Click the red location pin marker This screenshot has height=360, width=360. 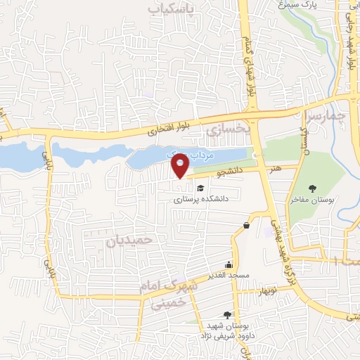[181, 166]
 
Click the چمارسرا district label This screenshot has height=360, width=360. [328, 114]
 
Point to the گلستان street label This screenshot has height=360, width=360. [304, 136]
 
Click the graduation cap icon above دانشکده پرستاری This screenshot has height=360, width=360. [201, 188]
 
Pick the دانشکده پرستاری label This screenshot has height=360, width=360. [202, 199]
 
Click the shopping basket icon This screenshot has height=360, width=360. [246, 226]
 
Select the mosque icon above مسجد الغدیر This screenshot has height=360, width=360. [229, 265]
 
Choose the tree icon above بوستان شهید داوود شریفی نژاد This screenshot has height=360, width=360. [226, 316]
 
